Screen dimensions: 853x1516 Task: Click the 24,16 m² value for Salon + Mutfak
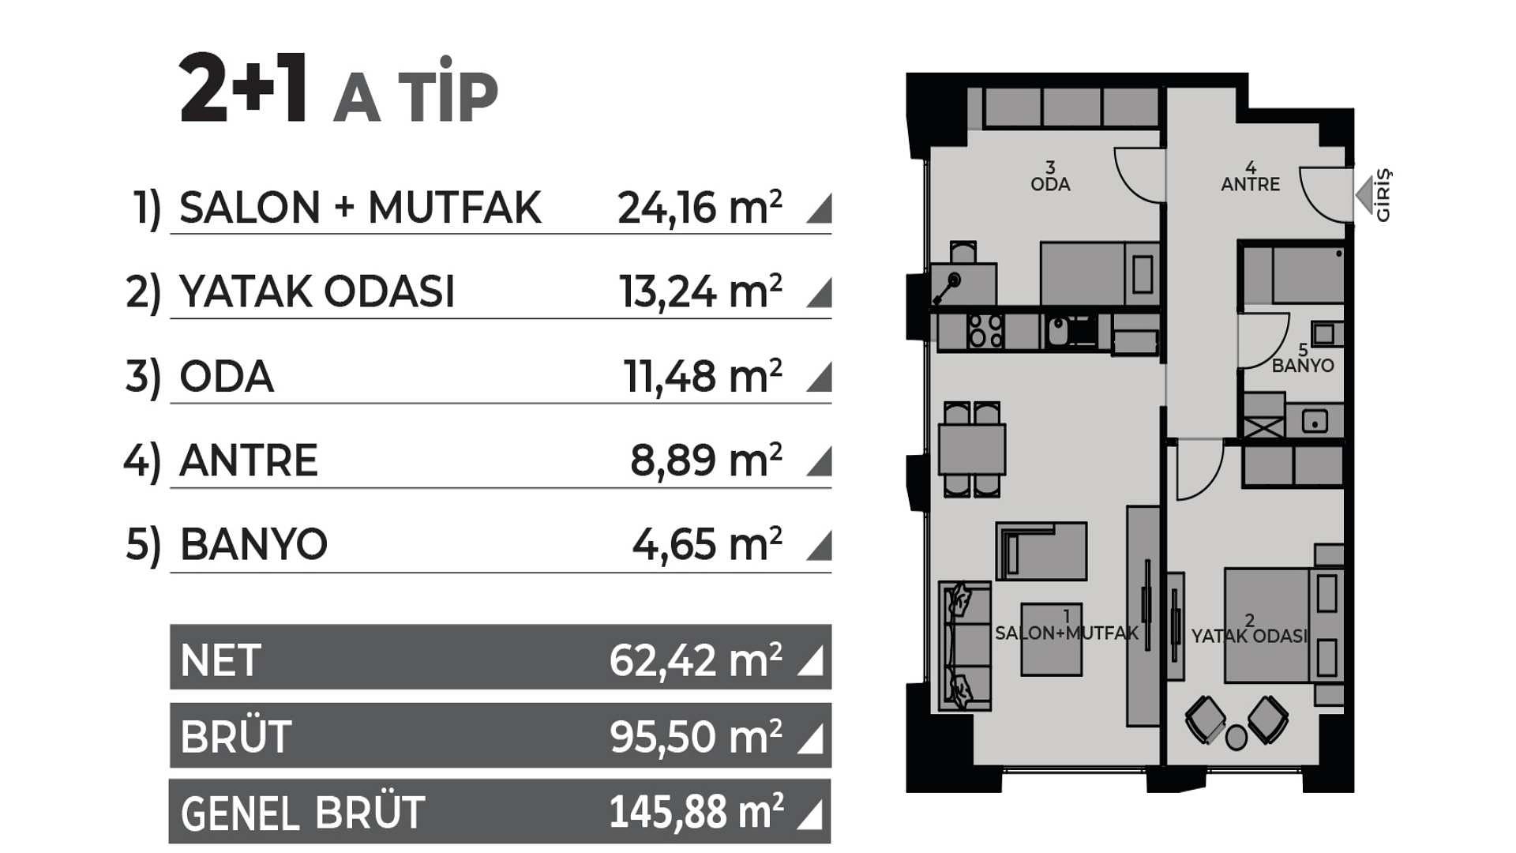click(x=700, y=209)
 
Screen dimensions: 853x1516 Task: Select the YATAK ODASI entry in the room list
click(x=317, y=292)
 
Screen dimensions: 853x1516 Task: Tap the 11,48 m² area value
click(x=703, y=377)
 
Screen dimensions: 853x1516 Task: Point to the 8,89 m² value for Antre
click(x=706, y=461)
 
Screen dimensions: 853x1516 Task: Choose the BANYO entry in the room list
click(x=253, y=545)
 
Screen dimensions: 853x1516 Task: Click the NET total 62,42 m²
click(x=696, y=661)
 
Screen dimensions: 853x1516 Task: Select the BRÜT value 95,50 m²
click(x=696, y=738)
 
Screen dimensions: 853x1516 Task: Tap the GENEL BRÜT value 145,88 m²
click(x=696, y=813)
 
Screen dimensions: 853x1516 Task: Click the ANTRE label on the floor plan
click(x=1250, y=184)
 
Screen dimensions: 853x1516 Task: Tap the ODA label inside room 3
click(x=1050, y=184)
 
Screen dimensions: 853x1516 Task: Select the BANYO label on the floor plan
click(x=1303, y=366)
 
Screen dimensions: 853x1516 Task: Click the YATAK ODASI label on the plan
click(x=1249, y=636)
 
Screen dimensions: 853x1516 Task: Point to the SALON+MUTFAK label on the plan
click(x=1067, y=633)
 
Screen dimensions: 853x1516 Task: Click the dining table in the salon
click(x=972, y=449)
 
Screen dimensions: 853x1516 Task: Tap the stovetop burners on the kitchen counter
click(x=985, y=331)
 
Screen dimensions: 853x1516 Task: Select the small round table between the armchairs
click(x=1236, y=738)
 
